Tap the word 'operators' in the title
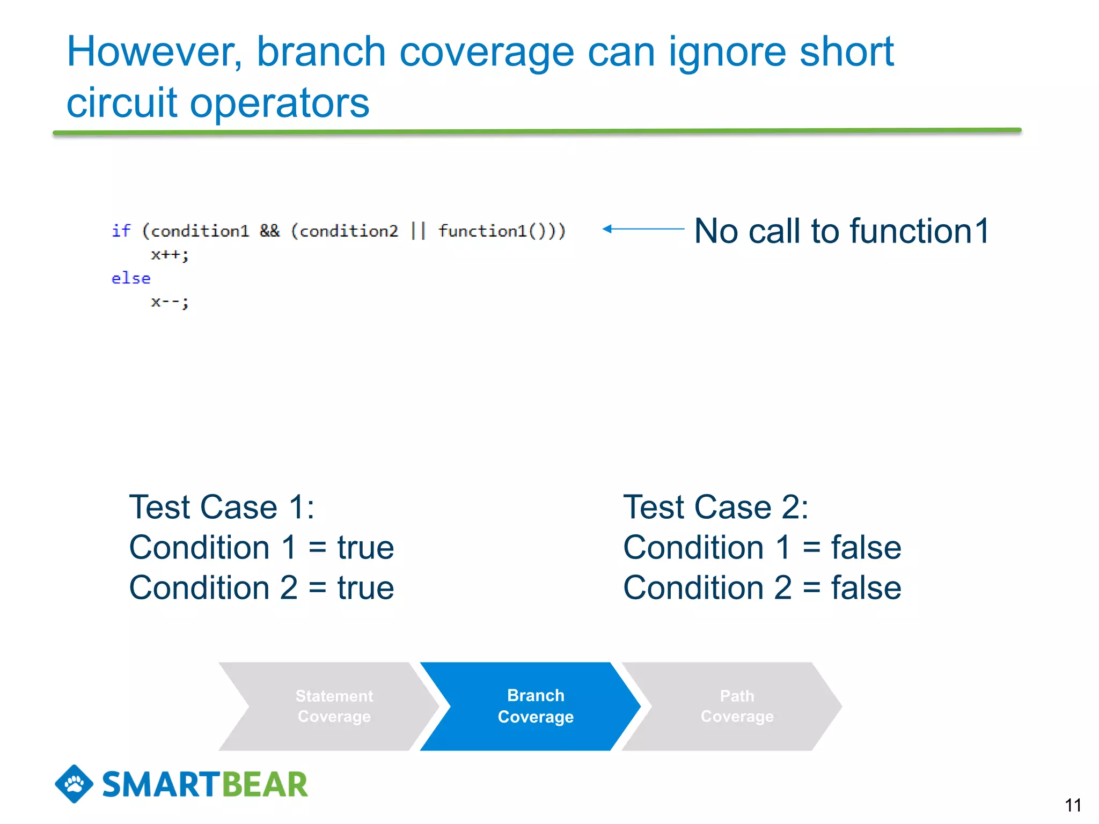280,103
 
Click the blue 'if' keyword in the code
121,231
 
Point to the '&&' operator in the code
269,231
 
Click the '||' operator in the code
417,231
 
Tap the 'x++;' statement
170,254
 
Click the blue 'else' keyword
131,278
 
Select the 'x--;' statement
170,302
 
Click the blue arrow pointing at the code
643,229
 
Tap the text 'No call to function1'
841,231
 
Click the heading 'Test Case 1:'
222,507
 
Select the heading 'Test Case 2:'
715,507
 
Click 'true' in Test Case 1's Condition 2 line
365,588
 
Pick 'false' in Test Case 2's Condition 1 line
866,548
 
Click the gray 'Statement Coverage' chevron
334,706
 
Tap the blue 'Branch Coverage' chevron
535,706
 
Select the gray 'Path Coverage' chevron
737,706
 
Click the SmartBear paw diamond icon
74,784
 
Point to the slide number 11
1073,805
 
